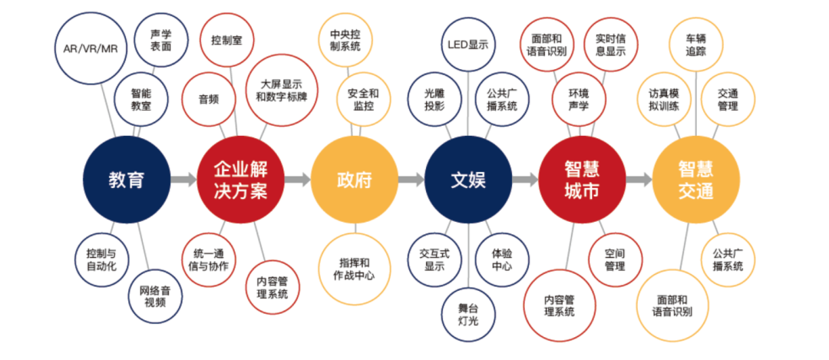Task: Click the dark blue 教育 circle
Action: tap(127, 180)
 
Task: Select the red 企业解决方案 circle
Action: tap(240, 180)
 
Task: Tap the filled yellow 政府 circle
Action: tap(354, 180)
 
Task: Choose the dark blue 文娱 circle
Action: tap(468, 180)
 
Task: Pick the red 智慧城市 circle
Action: tap(582, 180)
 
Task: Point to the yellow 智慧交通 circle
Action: tap(696, 180)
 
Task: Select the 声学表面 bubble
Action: tap(161, 41)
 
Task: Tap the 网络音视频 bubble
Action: tap(155, 296)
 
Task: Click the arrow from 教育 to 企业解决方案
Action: tap(183, 180)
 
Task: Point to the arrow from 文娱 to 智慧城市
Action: tap(525, 180)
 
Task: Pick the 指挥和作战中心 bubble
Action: tap(354, 269)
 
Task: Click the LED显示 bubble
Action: tap(468, 45)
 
